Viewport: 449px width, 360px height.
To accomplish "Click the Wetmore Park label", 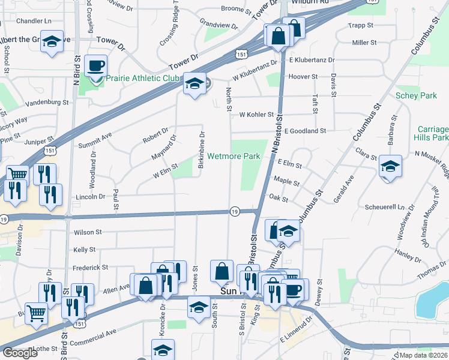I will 234,157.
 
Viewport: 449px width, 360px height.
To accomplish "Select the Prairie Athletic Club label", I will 143,79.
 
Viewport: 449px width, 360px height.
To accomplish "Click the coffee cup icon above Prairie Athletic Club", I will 95,64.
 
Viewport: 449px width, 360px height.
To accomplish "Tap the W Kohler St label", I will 256,114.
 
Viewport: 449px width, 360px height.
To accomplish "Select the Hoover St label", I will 303,77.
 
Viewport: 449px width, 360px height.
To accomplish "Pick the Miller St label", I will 364,43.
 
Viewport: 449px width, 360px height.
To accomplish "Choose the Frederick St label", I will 90,268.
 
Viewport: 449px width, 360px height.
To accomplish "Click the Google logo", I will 20,353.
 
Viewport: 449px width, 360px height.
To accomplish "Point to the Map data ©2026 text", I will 424,355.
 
